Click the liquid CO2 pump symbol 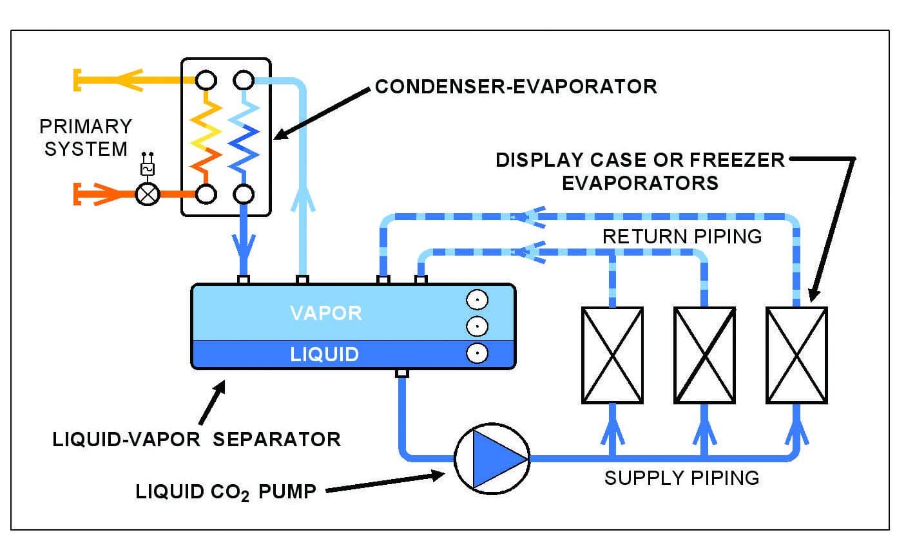coord(492,458)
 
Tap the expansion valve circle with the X coord(148,194)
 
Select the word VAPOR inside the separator coord(326,313)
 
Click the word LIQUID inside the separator coord(324,354)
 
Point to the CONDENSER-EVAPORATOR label coord(516,86)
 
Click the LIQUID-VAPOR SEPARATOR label coord(197,439)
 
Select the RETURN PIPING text coord(682,236)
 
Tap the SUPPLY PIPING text coord(681,478)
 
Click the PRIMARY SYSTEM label coord(85,137)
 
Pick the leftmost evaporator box coord(612,355)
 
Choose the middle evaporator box coord(704,355)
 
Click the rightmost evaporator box coord(796,355)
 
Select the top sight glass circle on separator coord(477,300)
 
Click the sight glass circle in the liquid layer coord(477,353)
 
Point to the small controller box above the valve coord(148,169)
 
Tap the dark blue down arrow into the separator coord(244,248)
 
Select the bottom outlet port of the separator coord(402,373)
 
